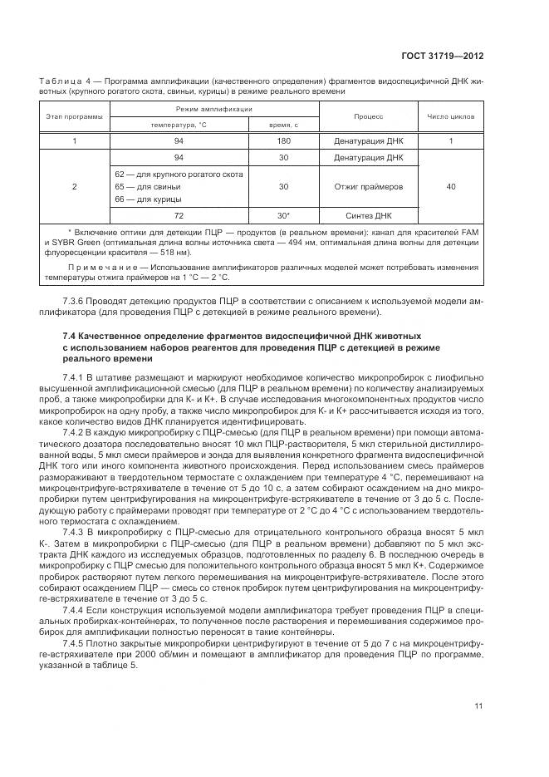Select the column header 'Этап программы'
(74, 117)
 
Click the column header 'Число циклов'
(450, 117)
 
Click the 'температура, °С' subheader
(178, 125)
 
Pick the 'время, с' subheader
(283, 125)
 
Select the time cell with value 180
(283, 141)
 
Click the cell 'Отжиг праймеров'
(368, 187)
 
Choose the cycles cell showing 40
(450, 187)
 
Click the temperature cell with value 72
(178, 214)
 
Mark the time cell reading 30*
(283, 214)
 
